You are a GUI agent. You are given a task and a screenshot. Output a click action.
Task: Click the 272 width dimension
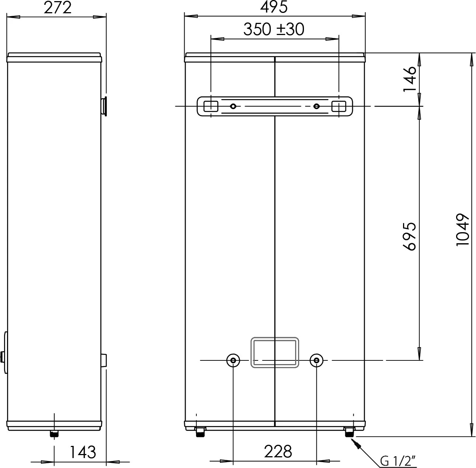click(x=58, y=8)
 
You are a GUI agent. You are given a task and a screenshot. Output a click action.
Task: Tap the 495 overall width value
click(x=274, y=7)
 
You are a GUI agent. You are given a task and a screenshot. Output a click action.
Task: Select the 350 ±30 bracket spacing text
click(x=274, y=29)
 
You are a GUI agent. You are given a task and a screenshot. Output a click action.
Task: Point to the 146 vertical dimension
click(x=410, y=79)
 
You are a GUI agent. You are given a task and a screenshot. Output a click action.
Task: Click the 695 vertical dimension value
click(x=410, y=237)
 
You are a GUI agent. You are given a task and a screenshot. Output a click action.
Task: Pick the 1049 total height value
click(x=462, y=230)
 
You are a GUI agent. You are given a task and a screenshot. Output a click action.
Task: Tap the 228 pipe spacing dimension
click(x=278, y=452)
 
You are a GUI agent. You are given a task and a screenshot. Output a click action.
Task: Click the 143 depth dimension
click(x=83, y=452)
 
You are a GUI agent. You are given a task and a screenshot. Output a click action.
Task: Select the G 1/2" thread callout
click(x=398, y=461)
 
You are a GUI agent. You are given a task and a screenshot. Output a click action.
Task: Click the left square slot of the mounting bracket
click(x=211, y=106)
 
